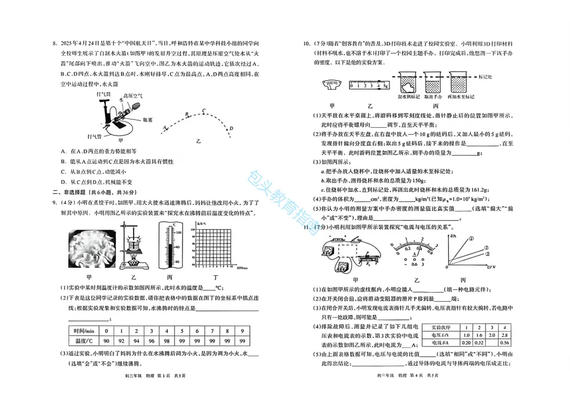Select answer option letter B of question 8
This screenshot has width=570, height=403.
(x=63, y=162)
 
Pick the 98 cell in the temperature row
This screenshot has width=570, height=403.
(x=166, y=341)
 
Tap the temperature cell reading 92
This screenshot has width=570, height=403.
(x=121, y=341)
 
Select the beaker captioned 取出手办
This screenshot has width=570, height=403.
(x=432, y=85)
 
